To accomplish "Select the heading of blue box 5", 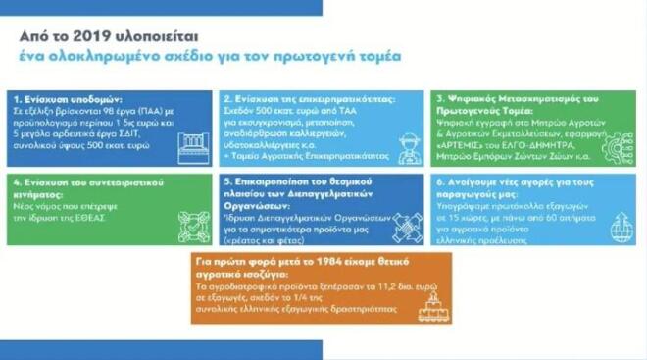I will [x=294, y=192].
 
